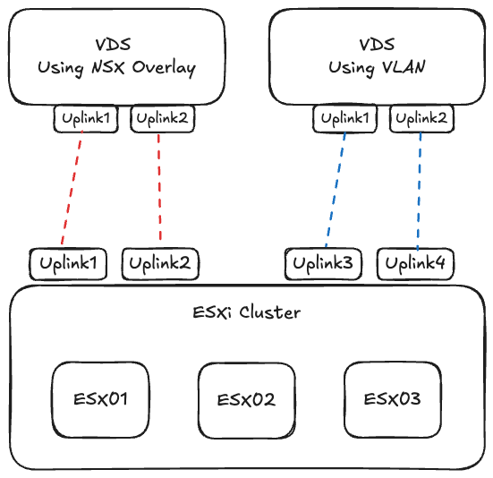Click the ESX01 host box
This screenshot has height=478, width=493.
(99, 399)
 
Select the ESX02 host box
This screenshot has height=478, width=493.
(246, 399)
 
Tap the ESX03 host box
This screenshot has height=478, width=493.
(393, 399)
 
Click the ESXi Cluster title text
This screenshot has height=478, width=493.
(247, 313)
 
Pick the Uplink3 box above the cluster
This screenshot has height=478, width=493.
(323, 263)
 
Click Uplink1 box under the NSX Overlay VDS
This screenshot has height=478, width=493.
(86, 118)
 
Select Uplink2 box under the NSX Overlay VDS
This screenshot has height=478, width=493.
(162, 118)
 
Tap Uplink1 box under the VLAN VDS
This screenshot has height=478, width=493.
(345, 118)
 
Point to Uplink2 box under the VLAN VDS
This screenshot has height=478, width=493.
(421, 118)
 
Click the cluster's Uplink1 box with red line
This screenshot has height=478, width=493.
(68, 263)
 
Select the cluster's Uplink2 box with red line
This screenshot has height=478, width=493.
(160, 263)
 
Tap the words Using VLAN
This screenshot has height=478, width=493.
(376, 68)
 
